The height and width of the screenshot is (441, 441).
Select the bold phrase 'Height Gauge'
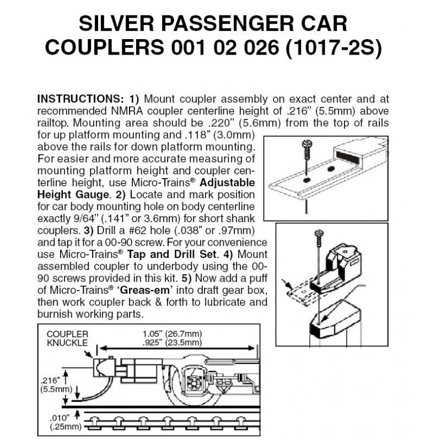tap(69, 194)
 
